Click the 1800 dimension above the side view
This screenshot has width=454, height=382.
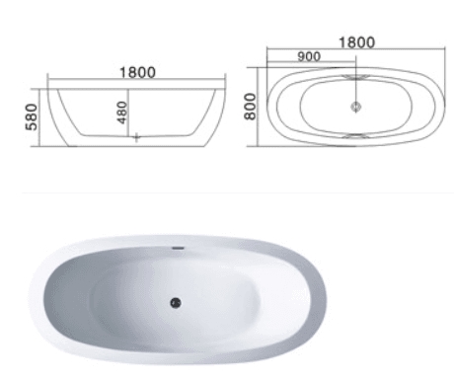point(137,72)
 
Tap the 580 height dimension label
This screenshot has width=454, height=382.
point(32,116)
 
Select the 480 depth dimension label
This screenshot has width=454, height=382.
point(122,113)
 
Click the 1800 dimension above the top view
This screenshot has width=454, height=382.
point(356,42)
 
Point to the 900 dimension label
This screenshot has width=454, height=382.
point(309,56)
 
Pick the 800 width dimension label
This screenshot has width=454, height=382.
point(250,107)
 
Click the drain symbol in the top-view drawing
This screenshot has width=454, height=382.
point(355,107)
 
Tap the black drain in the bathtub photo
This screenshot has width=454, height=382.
point(176,303)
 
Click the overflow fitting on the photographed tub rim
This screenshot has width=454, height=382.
point(179,248)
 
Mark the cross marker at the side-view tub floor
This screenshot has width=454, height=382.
point(136,137)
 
